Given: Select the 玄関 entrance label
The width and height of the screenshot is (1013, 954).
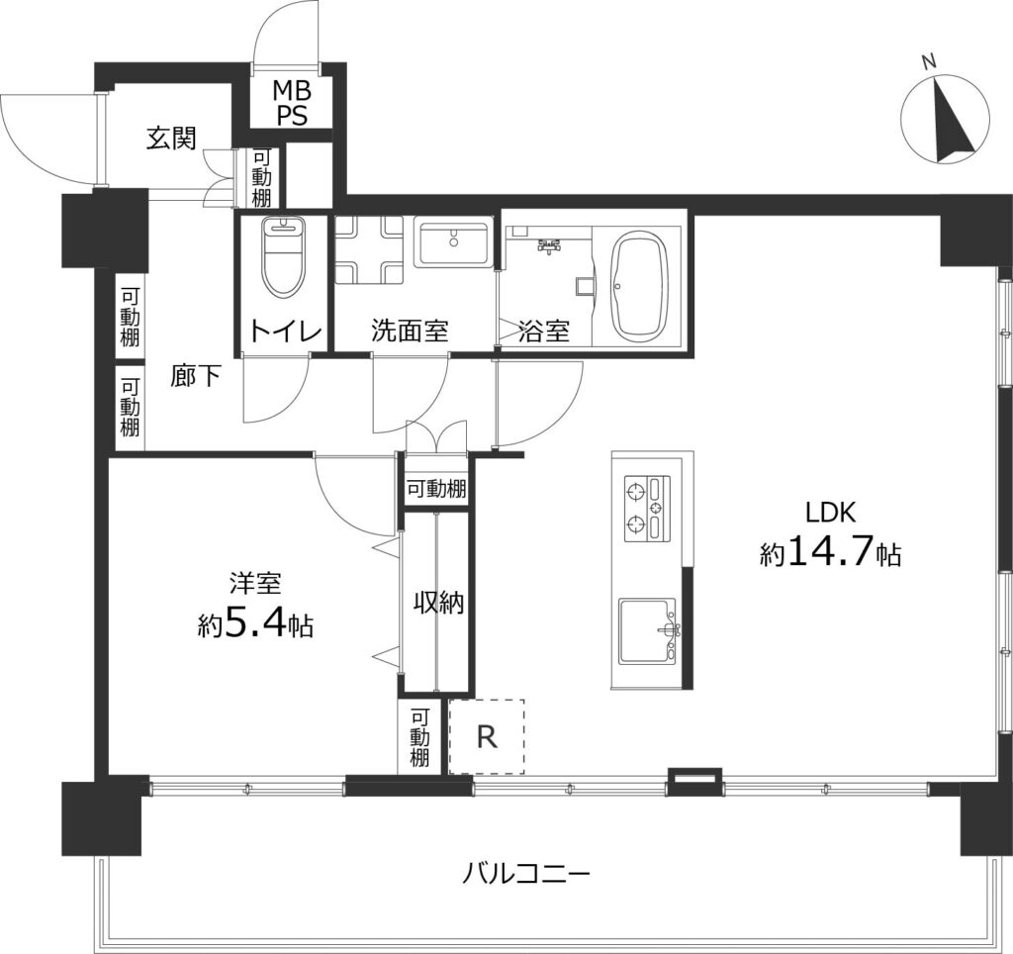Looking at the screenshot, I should coord(170,140).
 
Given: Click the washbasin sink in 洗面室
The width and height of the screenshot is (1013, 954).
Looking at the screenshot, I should coord(453,241).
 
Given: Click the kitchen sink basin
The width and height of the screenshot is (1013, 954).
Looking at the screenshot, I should coord(647,631).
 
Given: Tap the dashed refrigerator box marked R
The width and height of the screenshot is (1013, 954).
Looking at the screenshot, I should coord(486,736).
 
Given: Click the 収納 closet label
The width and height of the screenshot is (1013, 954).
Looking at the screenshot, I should coord(437,601).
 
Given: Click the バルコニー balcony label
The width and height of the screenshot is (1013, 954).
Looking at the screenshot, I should coord(526,874).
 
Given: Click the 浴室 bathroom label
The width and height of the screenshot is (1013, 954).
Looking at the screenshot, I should coord(544,331).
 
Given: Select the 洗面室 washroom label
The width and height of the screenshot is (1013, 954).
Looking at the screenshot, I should coord(410,331).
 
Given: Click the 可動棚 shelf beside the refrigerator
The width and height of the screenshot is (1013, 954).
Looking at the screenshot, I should coord(419,737).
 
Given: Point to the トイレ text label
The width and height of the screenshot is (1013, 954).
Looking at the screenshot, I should coord(285,331).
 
